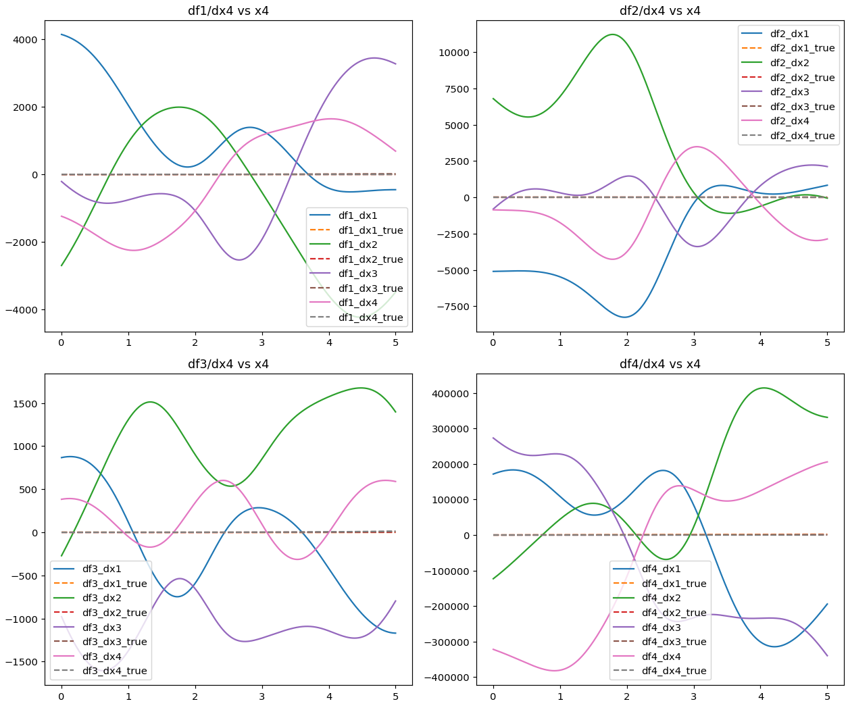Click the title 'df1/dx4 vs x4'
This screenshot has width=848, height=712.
pyautogui.click(x=228, y=11)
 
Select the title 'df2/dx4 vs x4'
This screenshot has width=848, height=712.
pyautogui.click(x=660, y=11)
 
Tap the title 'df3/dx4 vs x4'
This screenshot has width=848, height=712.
pyautogui.click(x=228, y=364)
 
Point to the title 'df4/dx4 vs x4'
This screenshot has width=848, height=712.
pyautogui.click(x=660, y=364)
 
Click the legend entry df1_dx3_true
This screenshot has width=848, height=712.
pyautogui.click(x=370, y=288)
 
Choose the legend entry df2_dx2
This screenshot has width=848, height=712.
pyautogui.click(x=789, y=63)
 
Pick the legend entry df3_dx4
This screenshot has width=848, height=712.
pyautogui.click(x=101, y=657)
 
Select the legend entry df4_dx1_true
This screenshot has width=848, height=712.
pyautogui.click(x=674, y=584)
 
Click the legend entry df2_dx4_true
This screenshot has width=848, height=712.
pyautogui.click(x=802, y=136)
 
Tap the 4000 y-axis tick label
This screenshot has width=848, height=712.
pyautogui.click(x=26, y=40)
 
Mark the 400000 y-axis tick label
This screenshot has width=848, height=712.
pyautogui.click(x=448, y=394)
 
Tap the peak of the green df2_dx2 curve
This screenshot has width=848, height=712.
pyautogui.click(x=613, y=34)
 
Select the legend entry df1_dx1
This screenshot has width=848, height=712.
pyautogui.click(x=357, y=215)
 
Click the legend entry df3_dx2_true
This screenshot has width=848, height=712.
pyautogui.click(x=114, y=613)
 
